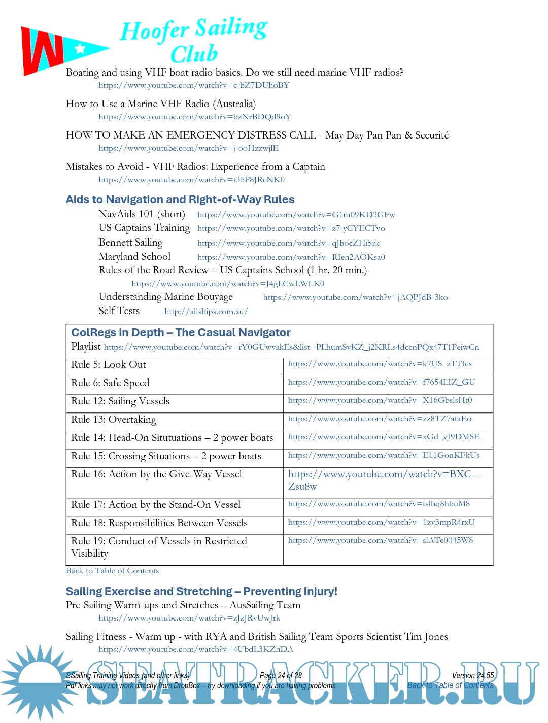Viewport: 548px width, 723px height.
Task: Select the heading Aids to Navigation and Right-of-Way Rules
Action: coord(180,199)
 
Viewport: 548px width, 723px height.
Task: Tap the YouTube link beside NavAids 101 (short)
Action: coord(296,215)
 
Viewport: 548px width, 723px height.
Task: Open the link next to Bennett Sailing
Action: coord(288,243)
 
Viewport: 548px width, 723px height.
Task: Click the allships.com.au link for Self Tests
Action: coord(206,312)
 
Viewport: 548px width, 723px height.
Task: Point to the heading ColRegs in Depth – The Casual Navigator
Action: coord(181,332)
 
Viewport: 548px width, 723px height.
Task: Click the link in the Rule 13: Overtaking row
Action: coord(380,419)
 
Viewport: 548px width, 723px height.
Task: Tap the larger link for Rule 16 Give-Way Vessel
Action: coord(384,479)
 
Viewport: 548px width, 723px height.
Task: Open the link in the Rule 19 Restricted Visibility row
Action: coord(381,540)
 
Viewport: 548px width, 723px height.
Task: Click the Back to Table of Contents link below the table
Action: coord(112,571)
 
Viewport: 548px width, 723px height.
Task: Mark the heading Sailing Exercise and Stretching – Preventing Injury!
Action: coord(201,591)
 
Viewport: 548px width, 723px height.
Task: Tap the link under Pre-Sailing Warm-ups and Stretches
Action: coord(189,618)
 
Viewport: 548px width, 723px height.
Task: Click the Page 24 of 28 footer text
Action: coord(281,675)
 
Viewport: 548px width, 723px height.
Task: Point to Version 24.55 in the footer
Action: coord(472,675)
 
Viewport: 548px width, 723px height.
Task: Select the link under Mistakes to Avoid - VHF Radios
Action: coord(191,180)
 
